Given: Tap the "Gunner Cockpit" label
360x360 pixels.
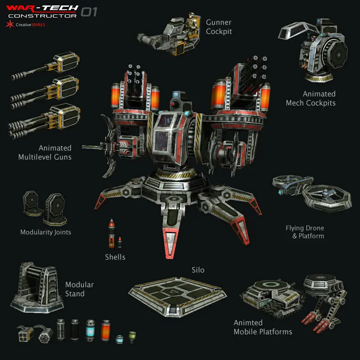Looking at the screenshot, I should click(x=219, y=27).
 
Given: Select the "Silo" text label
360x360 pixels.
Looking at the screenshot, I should click(x=198, y=270).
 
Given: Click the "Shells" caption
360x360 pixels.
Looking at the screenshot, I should click(x=115, y=257).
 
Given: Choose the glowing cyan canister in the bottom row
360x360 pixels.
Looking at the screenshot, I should click(x=89, y=330).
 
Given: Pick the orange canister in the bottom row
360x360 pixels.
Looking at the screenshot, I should click(x=106, y=330).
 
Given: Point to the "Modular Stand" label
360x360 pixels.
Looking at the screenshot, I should click(x=79, y=289).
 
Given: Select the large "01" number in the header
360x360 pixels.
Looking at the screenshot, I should click(x=89, y=12).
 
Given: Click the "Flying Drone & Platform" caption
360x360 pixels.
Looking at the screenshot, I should click(x=305, y=232).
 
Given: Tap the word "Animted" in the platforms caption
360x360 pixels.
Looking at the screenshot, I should click(x=248, y=322).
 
